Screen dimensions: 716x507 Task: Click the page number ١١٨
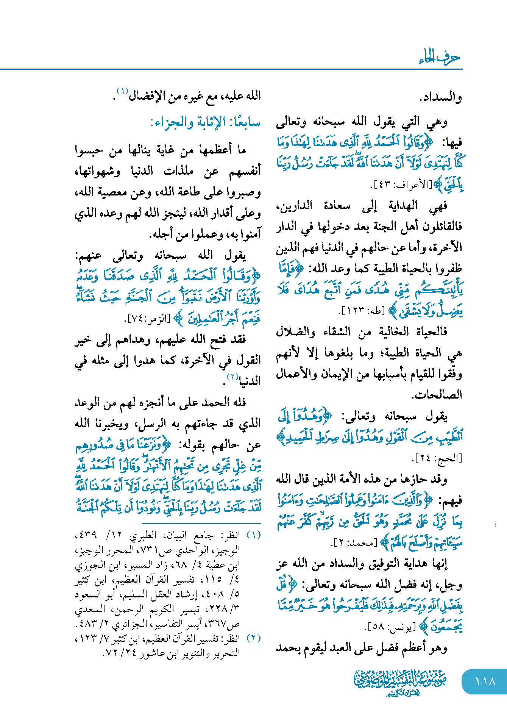pos(485,682)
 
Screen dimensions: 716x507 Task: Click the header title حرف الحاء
pos(440,58)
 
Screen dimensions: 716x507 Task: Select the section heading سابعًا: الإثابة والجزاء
pos(206,123)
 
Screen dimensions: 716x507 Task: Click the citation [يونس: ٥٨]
pos(390,627)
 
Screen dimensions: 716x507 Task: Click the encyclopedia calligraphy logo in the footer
pos(399,682)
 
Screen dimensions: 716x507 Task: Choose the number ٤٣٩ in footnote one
pos(85,535)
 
